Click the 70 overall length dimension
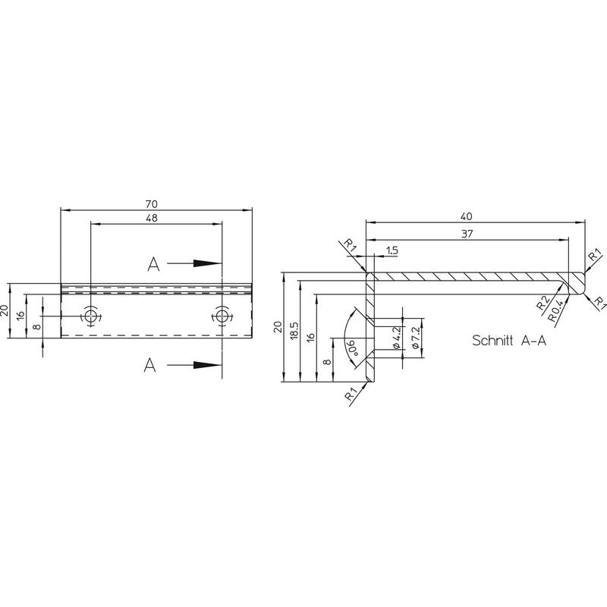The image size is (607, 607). click(151, 203)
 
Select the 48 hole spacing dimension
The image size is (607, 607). click(151, 218)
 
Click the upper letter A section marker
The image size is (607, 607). click(153, 264)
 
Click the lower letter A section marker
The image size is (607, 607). click(149, 365)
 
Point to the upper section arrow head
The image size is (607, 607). click(207, 263)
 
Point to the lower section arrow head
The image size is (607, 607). click(207, 365)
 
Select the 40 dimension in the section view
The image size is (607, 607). click(467, 217)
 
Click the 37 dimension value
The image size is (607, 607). click(467, 234)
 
